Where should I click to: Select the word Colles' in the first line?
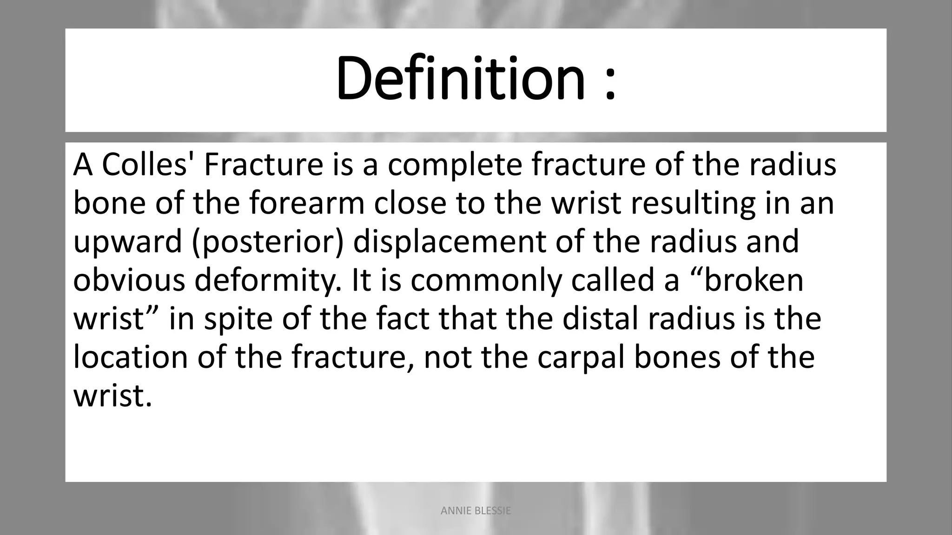pos(147,164)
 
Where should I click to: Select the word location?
pos(130,357)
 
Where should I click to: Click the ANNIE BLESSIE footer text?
pos(476,511)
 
